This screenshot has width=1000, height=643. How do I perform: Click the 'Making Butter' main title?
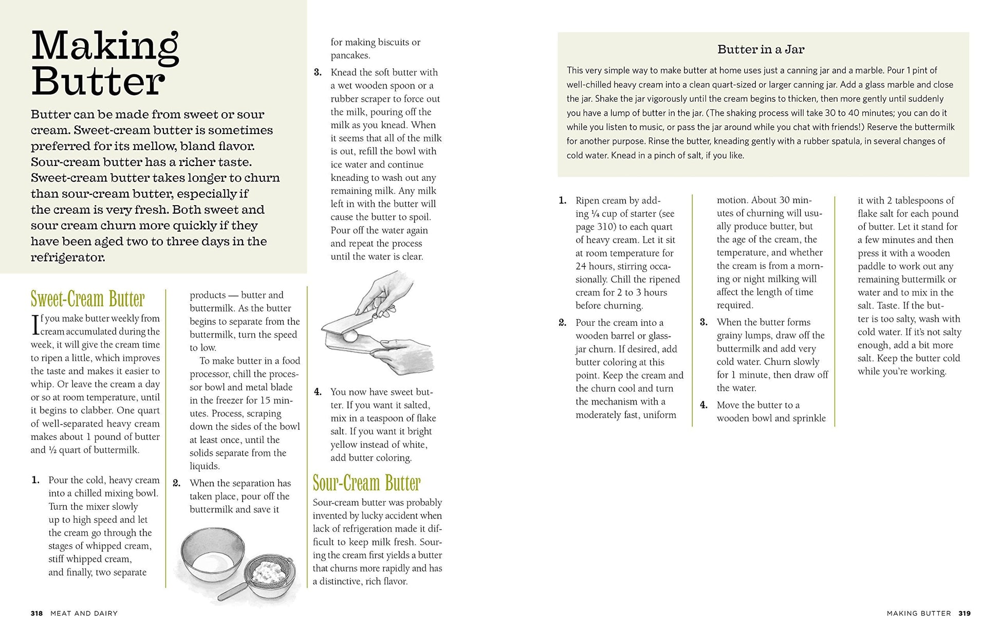coord(105,64)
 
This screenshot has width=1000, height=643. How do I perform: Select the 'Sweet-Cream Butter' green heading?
coord(87,299)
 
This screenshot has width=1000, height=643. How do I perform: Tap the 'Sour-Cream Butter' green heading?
coord(366,483)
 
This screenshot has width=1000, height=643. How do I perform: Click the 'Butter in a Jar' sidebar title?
coord(761,49)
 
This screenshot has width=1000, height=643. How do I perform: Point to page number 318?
coord(36,613)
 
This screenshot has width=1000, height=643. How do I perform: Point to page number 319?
coord(964,613)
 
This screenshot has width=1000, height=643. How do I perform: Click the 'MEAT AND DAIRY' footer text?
coord(84,613)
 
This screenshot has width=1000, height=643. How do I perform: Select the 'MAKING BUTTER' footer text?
coord(918,613)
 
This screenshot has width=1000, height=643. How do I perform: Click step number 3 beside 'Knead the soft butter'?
coord(318,72)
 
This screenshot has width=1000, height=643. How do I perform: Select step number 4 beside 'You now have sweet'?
coord(318,392)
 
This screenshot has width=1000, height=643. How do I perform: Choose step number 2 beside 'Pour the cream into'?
coord(562,323)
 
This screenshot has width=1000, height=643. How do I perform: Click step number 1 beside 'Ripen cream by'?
coord(562,200)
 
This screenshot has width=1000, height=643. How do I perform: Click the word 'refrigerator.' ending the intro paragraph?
coord(68,258)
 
